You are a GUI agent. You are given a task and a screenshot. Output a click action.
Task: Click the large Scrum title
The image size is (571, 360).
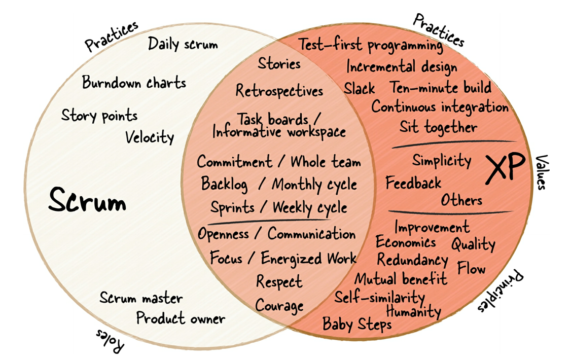[x=87, y=201]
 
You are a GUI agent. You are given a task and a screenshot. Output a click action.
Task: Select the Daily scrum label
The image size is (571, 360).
[x=183, y=44]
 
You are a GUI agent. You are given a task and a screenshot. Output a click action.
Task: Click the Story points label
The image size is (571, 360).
[x=99, y=115]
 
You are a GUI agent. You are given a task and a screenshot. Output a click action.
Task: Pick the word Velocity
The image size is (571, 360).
[x=150, y=136]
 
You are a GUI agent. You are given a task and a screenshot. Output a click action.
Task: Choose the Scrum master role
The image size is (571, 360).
[x=140, y=298]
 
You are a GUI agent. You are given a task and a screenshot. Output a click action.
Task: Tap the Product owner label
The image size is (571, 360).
[x=181, y=318]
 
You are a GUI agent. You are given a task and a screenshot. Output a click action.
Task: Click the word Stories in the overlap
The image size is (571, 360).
[x=279, y=64]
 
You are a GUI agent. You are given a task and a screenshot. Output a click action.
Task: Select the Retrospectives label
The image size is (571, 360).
[x=279, y=91]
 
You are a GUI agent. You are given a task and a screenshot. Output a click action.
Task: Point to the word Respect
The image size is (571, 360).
[x=279, y=281]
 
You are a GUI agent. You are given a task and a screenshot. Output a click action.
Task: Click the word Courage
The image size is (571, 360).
[x=279, y=305]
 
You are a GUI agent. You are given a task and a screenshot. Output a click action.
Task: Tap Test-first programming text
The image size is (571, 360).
[x=371, y=45]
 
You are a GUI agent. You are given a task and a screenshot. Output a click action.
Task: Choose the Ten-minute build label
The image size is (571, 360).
[x=440, y=87]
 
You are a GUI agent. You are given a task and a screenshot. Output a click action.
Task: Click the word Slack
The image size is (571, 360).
[x=360, y=88]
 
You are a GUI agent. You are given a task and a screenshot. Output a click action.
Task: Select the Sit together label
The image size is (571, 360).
[x=438, y=126]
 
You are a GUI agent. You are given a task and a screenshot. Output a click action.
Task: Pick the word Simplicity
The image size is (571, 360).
[x=441, y=161]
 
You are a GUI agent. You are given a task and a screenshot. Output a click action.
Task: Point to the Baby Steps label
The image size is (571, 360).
[x=357, y=323]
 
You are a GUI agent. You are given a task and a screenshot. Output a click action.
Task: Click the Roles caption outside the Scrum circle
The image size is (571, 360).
[x=110, y=341]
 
